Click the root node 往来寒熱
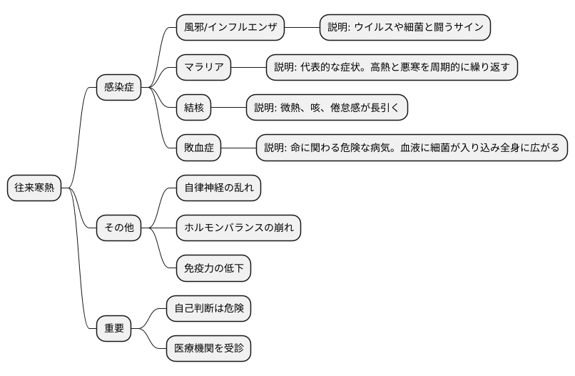pyautogui.click(x=34, y=188)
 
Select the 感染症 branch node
pyautogui.click(x=118, y=88)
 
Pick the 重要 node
pyautogui.click(x=114, y=329)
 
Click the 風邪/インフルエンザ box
pyautogui.click(x=230, y=27)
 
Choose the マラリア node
pyautogui.click(x=204, y=68)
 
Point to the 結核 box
pyautogui.click(x=194, y=108)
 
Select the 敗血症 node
pyautogui.click(x=198, y=148)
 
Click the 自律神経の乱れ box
pyautogui.click(x=218, y=188)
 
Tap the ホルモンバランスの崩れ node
pyautogui.click(x=238, y=228)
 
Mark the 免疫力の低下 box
pyautogui.click(x=213, y=268)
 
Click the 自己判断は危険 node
pyautogui.click(x=208, y=309)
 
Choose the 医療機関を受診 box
pyautogui.click(x=208, y=349)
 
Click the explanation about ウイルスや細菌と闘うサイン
pyautogui.click(x=405, y=27)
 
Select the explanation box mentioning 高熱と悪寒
pyautogui.click(x=392, y=68)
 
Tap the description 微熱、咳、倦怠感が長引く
pyautogui.click(x=327, y=108)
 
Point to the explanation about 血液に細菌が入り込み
pyautogui.click(x=412, y=148)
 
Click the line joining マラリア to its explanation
pyautogui.click(x=249, y=68)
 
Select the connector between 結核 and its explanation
pyautogui.click(x=229, y=108)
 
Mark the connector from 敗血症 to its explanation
pyautogui.click(x=238, y=148)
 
